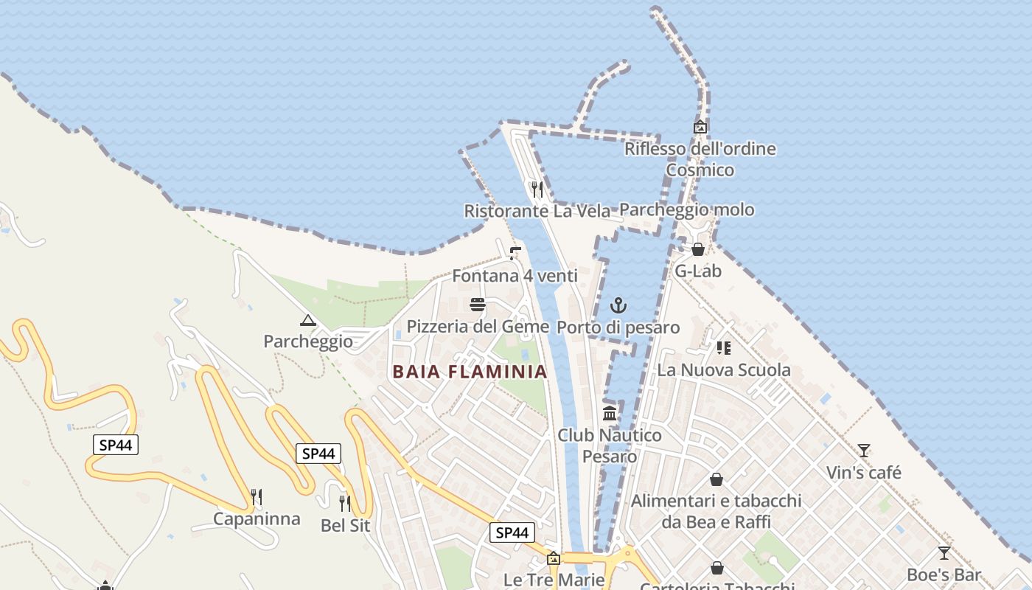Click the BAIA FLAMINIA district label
tap(470, 372)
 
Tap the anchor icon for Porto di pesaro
tap(618, 305)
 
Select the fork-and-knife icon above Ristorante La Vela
tap(537, 190)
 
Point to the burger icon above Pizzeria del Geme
tap(478, 305)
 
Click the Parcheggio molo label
tap(686, 210)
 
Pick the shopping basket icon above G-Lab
tap(698, 249)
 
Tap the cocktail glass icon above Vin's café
tap(863, 451)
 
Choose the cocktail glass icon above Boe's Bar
tap(944, 553)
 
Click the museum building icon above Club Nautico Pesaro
tap(610, 413)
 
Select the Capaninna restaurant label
tap(257, 519)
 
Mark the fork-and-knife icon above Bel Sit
tap(345, 504)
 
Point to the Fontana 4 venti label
tap(515, 277)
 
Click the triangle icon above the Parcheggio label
tap(308, 321)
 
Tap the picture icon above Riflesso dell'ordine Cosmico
tap(700, 127)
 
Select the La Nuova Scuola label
tap(723, 370)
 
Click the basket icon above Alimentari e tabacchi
tap(716, 480)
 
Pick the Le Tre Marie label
tap(554, 580)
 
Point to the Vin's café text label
tap(863, 473)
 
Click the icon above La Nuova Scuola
tap(723, 348)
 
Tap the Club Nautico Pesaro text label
tap(610, 445)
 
